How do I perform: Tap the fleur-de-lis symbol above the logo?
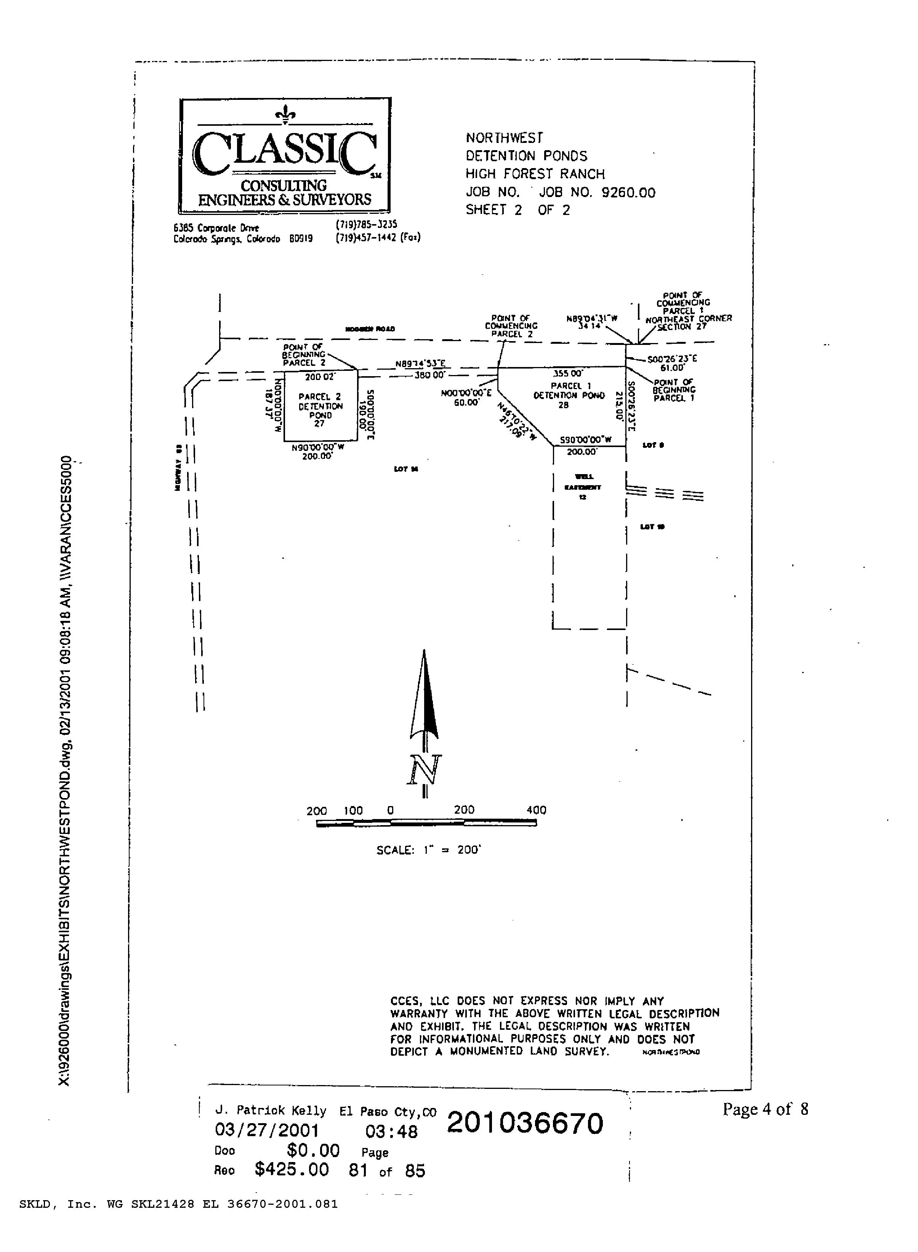tap(285, 114)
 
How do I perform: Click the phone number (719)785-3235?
tap(366, 224)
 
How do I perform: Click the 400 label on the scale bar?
tap(536, 810)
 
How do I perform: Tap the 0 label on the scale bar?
tap(390, 811)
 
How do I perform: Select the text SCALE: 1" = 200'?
tap(428, 850)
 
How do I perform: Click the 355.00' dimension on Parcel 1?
tap(568, 374)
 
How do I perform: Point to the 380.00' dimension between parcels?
tap(429, 375)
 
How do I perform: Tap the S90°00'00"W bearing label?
tap(585, 439)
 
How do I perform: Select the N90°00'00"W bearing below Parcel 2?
tap(317, 446)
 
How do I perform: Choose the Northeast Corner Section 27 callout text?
tap(688, 323)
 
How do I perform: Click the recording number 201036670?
tap(525, 1123)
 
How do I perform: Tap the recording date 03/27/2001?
tap(267, 1130)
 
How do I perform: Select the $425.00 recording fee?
tap(292, 1169)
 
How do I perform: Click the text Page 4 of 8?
tap(765, 1110)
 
